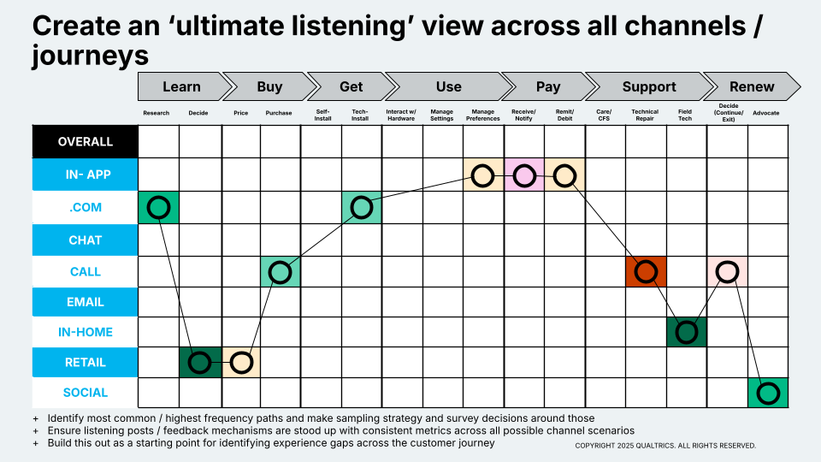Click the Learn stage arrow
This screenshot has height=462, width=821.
(181, 86)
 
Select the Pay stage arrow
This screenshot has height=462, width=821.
(547, 86)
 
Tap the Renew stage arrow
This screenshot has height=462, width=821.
(751, 86)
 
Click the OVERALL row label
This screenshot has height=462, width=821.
(86, 142)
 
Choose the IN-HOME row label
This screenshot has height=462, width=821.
(86, 332)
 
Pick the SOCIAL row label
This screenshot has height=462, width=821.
(86, 393)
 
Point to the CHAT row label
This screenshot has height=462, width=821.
(86, 240)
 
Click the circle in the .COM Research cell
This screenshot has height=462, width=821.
(158, 207)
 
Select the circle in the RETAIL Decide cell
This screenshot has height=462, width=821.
(199, 363)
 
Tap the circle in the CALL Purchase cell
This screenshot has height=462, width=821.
(280, 272)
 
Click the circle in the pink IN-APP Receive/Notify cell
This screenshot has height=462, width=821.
(524, 176)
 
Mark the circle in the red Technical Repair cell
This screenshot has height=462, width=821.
(646, 272)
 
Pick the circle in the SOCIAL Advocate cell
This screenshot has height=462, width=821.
(768, 394)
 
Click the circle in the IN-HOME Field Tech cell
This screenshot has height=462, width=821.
(686, 332)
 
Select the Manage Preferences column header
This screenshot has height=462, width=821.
(483, 115)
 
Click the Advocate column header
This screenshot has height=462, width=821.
(765, 113)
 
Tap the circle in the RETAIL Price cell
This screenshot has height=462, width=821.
(241, 363)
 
